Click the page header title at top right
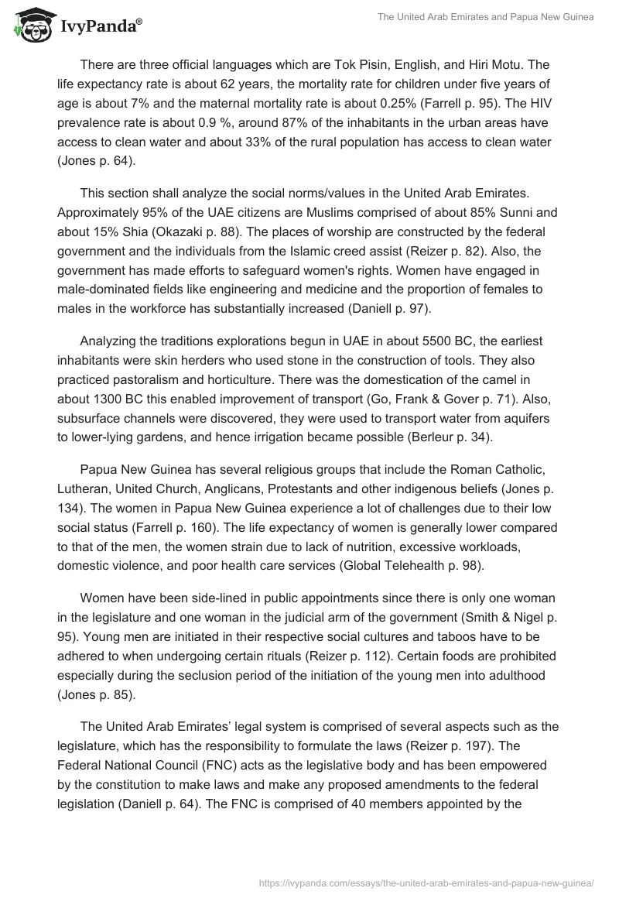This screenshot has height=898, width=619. pos(485,18)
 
